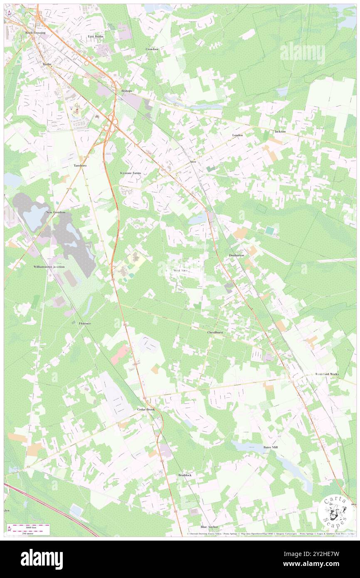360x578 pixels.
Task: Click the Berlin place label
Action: click(47, 64)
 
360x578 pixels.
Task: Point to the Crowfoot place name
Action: click(152, 49)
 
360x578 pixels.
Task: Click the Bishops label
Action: click(126, 90)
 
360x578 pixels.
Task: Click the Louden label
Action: click(237, 136)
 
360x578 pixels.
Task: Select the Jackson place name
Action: click(280, 131)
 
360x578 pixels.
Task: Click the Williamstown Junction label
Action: click(49, 267)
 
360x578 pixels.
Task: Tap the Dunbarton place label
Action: click(236, 255)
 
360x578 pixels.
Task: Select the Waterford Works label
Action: click(327, 374)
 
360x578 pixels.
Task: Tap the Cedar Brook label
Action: click(146, 410)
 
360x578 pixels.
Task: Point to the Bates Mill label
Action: click(270, 447)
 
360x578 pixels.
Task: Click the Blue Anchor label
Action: click(209, 527)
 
